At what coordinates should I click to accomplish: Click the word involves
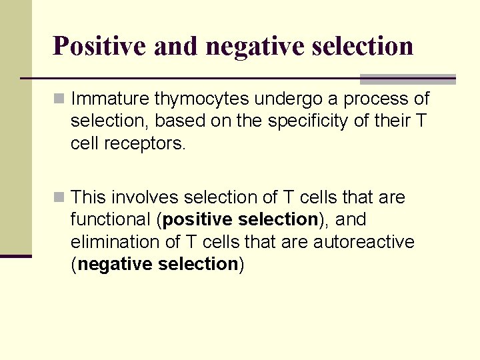(145, 197)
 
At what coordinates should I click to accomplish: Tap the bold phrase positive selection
(239, 219)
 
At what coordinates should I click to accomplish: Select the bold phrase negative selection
(158, 264)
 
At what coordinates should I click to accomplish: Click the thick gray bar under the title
(407, 79)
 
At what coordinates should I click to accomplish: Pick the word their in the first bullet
(387, 122)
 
